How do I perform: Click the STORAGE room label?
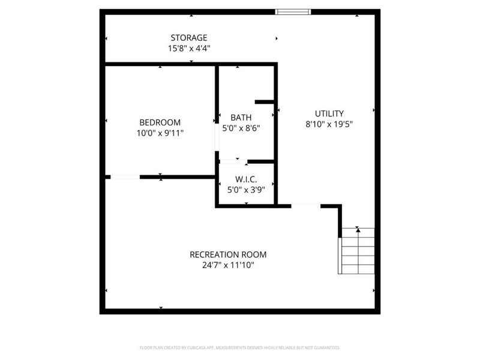[188, 38]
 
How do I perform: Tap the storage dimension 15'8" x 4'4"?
[188, 49]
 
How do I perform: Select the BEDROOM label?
[160, 122]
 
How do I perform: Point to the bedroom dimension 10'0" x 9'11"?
[160, 133]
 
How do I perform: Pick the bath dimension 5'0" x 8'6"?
[241, 128]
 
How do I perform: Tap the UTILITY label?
[329, 113]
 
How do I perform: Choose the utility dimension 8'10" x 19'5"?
[328, 125]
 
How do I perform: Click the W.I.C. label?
[245, 179]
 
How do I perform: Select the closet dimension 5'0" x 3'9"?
[245, 190]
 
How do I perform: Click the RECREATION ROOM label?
[228, 254]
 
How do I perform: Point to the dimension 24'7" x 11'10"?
[228, 265]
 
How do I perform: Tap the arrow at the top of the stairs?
[358, 229]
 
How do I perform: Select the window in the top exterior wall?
[293, 11]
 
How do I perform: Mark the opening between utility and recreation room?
[305, 206]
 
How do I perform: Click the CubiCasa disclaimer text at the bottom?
[239, 347]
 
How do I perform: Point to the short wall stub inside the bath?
[265, 102]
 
